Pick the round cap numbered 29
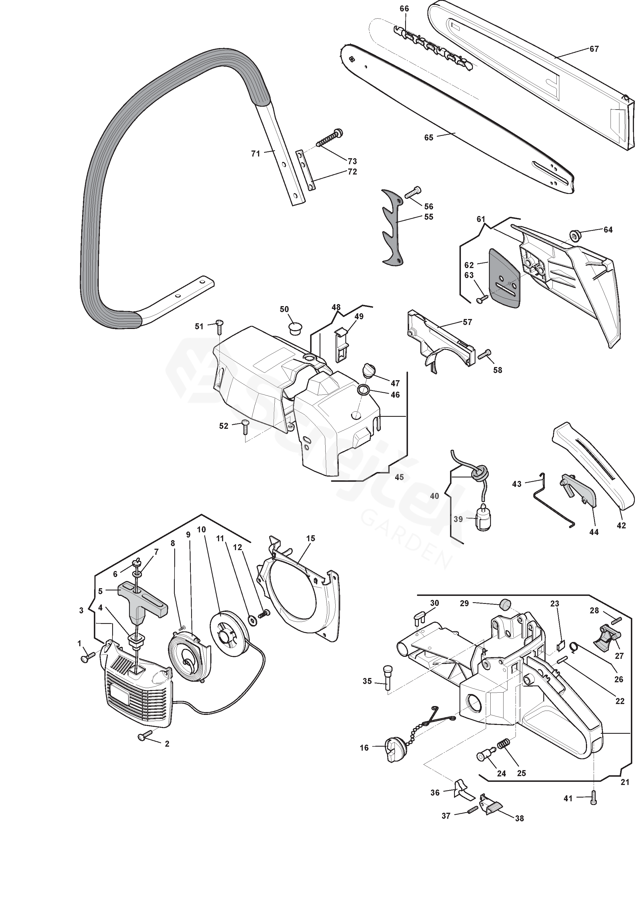point(505,615)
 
